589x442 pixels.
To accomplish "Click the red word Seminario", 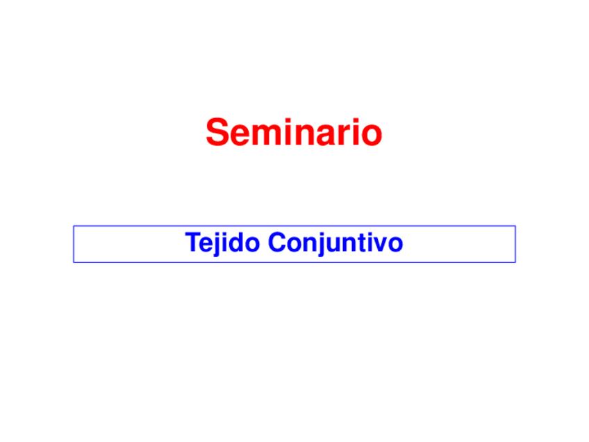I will click(x=294, y=132).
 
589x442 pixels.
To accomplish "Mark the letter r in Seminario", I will click(x=342, y=134).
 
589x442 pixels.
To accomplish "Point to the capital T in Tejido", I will click(x=192, y=243).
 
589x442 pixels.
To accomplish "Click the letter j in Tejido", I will click(x=216, y=245).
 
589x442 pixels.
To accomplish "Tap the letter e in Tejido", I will click(x=206, y=245).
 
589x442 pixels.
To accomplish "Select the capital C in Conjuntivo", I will click(x=276, y=243).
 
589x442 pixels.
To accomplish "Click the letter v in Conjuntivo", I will click(x=379, y=245).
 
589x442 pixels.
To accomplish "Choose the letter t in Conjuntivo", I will click(x=360, y=244).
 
